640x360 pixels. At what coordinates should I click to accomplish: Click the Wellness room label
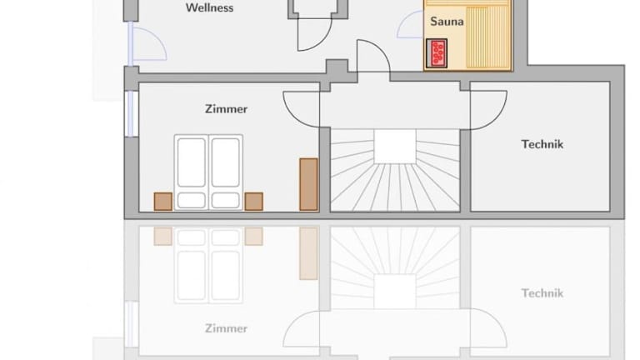(209, 7)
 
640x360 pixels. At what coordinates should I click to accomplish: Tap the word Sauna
(447, 21)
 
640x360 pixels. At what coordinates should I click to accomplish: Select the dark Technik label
(542, 144)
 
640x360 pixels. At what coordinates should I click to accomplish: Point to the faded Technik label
(542, 293)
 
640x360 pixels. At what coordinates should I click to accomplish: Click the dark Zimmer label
(226, 109)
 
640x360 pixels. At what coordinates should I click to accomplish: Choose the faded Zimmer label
(226, 328)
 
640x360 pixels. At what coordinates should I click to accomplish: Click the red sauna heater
(437, 53)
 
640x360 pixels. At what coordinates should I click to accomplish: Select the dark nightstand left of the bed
(162, 202)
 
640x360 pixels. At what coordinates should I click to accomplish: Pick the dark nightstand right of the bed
(253, 202)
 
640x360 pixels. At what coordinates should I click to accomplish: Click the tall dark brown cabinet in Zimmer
(308, 184)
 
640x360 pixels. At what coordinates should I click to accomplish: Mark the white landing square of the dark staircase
(395, 146)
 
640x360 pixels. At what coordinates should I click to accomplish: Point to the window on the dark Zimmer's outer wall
(131, 113)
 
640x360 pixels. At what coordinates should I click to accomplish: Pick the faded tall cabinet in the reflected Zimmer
(308, 253)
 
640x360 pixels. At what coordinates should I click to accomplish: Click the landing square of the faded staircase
(395, 292)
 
